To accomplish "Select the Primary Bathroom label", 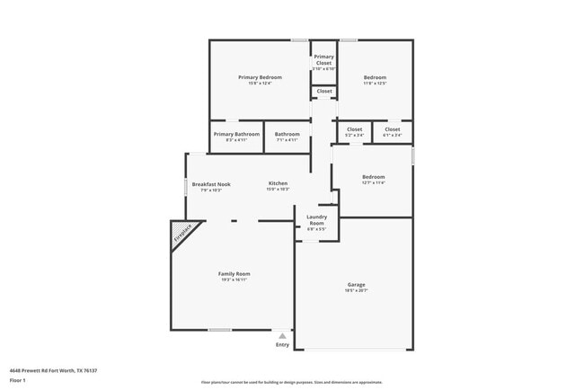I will pyautogui.click(x=236, y=134).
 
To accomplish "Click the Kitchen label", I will pyautogui.click(x=278, y=183).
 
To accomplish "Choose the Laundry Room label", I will pyautogui.click(x=316, y=219).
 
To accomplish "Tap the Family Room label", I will pyautogui.click(x=234, y=273).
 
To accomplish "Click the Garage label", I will pyautogui.click(x=357, y=285).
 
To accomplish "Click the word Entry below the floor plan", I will pyautogui.click(x=283, y=344).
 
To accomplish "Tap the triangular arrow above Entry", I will pyautogui.click(x=282, y=335).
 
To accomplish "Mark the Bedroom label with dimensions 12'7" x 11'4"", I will pyautogui.click(x=373, y=177).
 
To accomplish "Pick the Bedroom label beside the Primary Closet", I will pyautogui.click(x=375, y=77).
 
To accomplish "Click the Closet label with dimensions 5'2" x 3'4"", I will pyautogui.click(x=355, y=129).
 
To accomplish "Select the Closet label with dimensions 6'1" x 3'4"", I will pyautogui.click(x=393, y=129).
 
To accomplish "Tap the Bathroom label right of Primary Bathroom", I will pyautogui.click(x=287, y=134).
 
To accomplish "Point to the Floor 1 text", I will pyautogui.click(x=17, y=380).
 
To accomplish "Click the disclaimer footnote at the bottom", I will pyautogui.click(x=292, y=381).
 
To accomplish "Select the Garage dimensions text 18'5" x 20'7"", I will pyautogui.click(x=357, y=291).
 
